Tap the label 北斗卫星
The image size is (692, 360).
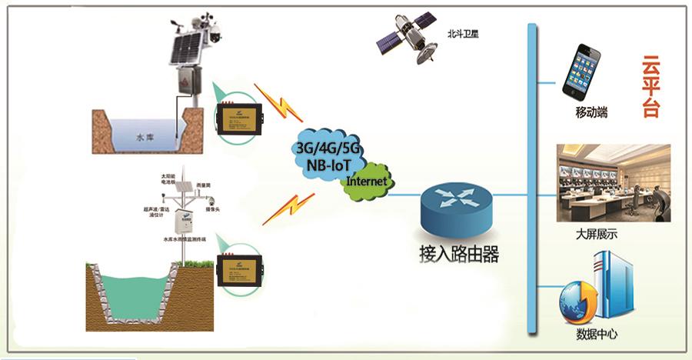click(x=463, y=35)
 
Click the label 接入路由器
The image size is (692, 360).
click(x=460, y=255)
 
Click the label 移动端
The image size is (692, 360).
click(x=591, y=112)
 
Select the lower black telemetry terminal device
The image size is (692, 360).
click(x=240, y=269)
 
